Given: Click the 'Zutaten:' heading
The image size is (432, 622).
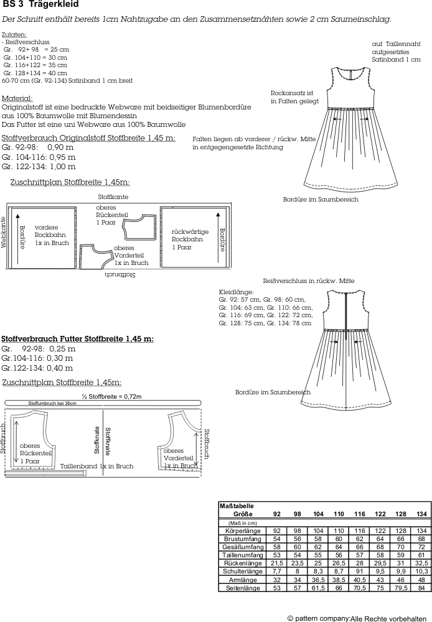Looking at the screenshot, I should (x=14, y=34).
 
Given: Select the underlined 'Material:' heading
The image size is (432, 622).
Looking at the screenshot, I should (x=17, y=98).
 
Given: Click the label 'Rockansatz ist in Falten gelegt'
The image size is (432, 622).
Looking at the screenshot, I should (x=294, y=96).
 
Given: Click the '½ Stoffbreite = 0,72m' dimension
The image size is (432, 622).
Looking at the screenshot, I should (x=111, y=396).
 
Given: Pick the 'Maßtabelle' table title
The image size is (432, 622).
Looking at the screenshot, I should (x=237, y=506).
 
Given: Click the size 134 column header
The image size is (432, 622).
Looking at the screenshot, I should (x=421, y=514).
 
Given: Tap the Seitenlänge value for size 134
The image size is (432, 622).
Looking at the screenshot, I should (x=421, y=588).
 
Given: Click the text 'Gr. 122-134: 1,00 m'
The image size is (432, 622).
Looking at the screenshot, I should (x=39, y=166).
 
